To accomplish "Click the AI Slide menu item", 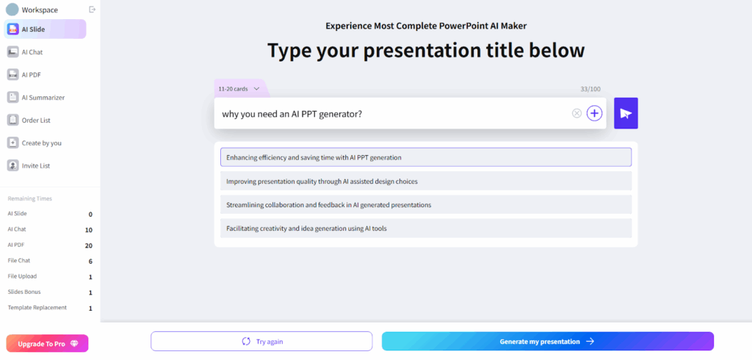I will (x=44, y=29).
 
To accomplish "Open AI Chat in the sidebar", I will (x=32, y=52).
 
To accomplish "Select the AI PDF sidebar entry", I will (x=31, y=74).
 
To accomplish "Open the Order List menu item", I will (x=35, y=120).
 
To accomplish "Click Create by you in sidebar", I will (x=41, y=143).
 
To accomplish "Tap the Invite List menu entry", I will (x=35, y=165).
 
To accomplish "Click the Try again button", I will (x=261, y=342).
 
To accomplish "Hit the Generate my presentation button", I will (x=547, y=342).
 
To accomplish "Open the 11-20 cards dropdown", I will (x=239, y=89).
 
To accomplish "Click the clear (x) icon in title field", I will (x=576, y=113).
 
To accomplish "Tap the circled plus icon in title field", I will (x=594, y=113).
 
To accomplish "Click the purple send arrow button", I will (x=626, y=113).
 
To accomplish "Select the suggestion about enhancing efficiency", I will (x=425, y=157).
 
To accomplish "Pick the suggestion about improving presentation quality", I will (x=425, y=181).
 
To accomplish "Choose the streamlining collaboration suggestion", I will (x=425, y=204).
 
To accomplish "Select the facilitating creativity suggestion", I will (x=425, y=228).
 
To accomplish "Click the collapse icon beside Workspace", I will (x=92, y=10).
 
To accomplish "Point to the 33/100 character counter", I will (x=590, y=89).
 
